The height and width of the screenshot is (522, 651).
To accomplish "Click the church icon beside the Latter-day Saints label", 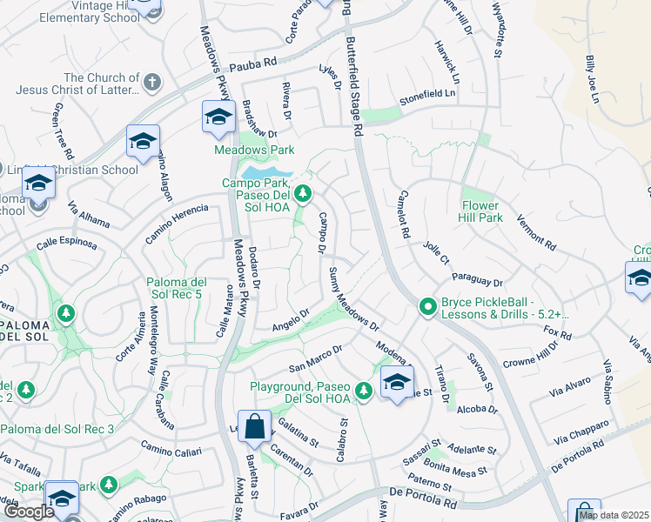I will (152, 83).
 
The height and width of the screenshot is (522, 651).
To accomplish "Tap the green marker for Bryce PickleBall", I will (427, 306).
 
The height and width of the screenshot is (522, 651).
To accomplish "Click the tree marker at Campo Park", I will (303, 192).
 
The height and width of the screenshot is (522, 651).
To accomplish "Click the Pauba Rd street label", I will (252, 64).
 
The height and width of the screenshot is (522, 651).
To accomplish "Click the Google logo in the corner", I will (28, 511).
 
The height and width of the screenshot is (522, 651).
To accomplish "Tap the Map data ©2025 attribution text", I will (614, 515).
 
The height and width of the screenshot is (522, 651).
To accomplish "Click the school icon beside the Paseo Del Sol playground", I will (397, 383).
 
